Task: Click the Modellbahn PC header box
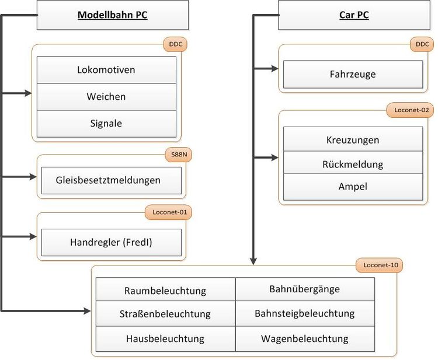coord(113,15)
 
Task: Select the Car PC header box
coord(353,15)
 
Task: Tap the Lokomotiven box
coord(106,70)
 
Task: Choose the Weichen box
coord(106,96)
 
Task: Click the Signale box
coord(106,123)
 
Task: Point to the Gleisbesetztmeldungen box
coord(111,180)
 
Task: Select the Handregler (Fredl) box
coord(111,242)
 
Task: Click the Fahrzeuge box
coord(353,74)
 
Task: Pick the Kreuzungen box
coord(353,140)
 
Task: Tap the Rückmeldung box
coord(353,164)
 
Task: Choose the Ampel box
coord(353,187)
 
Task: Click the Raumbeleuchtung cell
coord(165,290)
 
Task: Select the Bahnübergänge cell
coord(305,289)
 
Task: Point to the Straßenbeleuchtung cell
coord(165,314)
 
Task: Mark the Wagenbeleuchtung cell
coord(305,338)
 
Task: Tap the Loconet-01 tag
coord(168,212)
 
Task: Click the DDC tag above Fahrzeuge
coord(422,44)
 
